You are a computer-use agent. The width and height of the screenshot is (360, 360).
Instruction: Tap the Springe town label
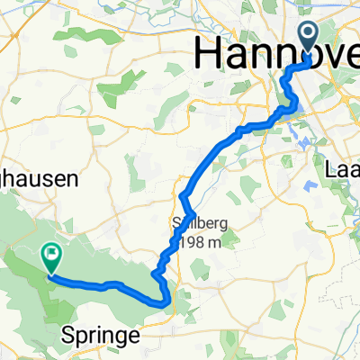pyautogui.click(x=103, y=336)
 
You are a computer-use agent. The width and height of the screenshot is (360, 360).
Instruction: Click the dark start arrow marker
pyautogui.click(x=308, y=38)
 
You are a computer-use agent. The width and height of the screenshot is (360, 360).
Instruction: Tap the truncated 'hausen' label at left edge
pyautogui.click(x=40, y=180)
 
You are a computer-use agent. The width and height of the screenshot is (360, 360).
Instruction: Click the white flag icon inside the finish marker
pyautogui.click(x=51, y=256)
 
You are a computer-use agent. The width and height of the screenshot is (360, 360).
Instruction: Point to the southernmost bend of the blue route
pyautogui.click(x=164, y=303)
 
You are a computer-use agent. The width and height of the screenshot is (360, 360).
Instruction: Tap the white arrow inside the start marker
pyautogui.click(x=308, y=35)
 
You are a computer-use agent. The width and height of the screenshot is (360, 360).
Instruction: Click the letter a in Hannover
pyautogui.click(x=234, y=56)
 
